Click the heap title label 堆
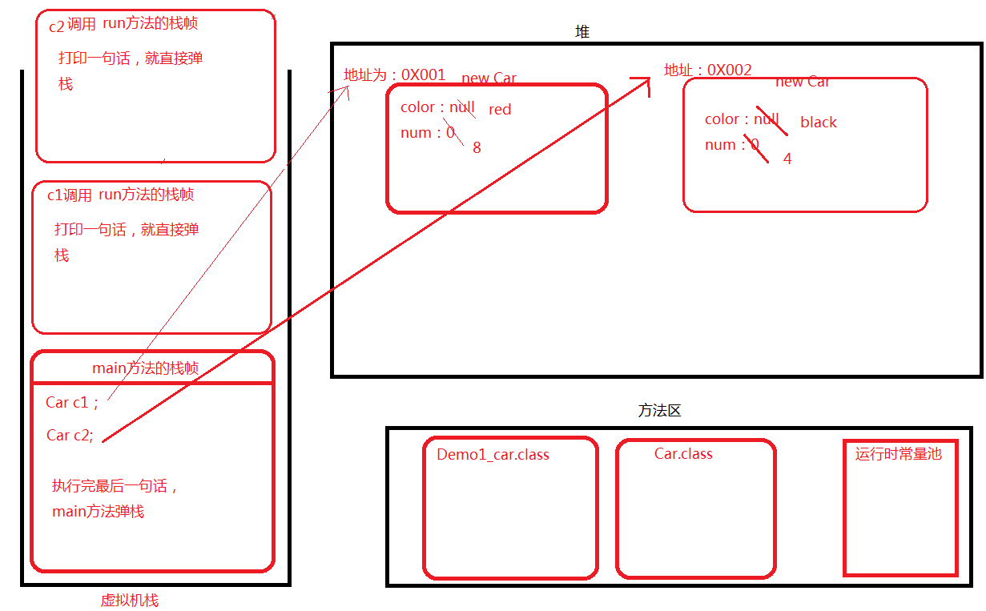point(582,32)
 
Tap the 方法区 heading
point(659,411)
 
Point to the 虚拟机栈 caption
point(129,601)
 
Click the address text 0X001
point(423,74)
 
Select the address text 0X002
point(729,70)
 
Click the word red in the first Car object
point(500,110)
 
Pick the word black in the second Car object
point(818,123)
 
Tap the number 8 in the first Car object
point(477,147)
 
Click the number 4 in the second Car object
point(787,159)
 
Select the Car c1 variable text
point(72,403)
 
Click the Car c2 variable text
point(70,436)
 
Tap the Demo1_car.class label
point(493,455)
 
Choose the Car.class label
point(683,454)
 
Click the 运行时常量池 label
point(898,454)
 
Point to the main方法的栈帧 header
point(146,368)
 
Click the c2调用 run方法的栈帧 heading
point(123,24)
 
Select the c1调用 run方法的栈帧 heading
point(120,195)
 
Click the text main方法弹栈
point(98,511)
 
